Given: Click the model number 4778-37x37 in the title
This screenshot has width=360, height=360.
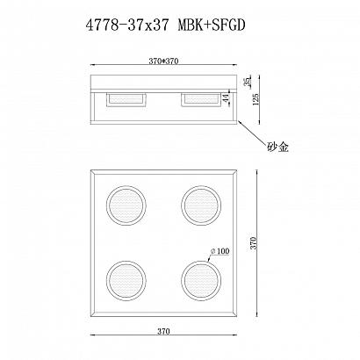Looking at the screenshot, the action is point(127,25).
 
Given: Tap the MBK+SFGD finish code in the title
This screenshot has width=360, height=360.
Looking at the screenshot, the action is point(212,25).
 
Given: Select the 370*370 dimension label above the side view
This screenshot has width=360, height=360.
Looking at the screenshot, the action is point(163,61).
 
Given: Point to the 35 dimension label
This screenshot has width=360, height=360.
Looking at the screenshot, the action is point(248,82).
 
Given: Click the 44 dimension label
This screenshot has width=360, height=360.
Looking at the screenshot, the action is point(226,99).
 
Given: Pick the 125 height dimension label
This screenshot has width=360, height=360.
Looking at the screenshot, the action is point(255,100).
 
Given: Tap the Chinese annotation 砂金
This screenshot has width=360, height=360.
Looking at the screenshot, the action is point(277,147).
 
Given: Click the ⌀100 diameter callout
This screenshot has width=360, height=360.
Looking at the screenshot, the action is point(220,251).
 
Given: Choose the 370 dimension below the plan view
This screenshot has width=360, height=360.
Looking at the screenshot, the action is point(163,331).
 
